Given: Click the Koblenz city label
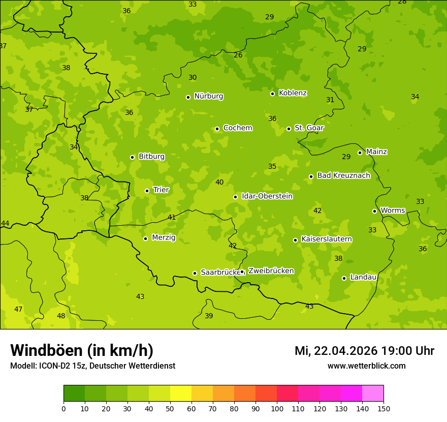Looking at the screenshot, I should click(293, 93).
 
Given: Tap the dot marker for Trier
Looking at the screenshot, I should click(147, 191).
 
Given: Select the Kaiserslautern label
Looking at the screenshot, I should click(327, 239).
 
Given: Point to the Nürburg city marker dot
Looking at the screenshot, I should click(188, 97).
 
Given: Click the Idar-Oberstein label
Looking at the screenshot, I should click(267, 196).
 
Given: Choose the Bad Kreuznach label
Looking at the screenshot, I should click(343, 175).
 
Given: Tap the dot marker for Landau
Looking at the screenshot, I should click(344, 278).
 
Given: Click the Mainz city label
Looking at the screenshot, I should click(376, 152).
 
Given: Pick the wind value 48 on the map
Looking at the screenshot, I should click(61, 316).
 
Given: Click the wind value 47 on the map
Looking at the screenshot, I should click(18, 309).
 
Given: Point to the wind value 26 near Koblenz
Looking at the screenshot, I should click(238, 55).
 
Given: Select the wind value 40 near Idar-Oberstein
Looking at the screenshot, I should click(219, 182).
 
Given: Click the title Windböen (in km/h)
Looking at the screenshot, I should click(82, 350).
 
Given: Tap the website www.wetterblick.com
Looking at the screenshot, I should click(366, 366).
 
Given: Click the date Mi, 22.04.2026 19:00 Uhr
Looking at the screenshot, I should click(364, 351).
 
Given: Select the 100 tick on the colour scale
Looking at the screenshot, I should click(277, 408).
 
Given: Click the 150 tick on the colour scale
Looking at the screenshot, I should click(384, 408).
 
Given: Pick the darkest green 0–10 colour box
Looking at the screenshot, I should click(74, 394).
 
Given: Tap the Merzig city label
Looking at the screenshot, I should click(164, 237).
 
